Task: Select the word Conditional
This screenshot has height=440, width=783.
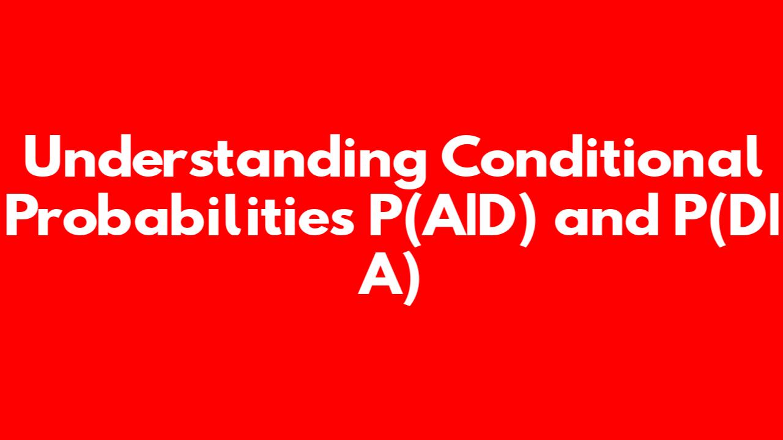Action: pos(601,156)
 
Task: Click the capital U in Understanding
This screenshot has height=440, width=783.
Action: pos(43,157)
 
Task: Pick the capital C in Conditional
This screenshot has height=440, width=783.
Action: pos(461,157)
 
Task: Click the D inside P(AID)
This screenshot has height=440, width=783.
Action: pos(488,215)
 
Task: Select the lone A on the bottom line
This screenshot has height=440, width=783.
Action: pos(381,273)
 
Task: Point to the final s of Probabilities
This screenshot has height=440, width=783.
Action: pos(342,221)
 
